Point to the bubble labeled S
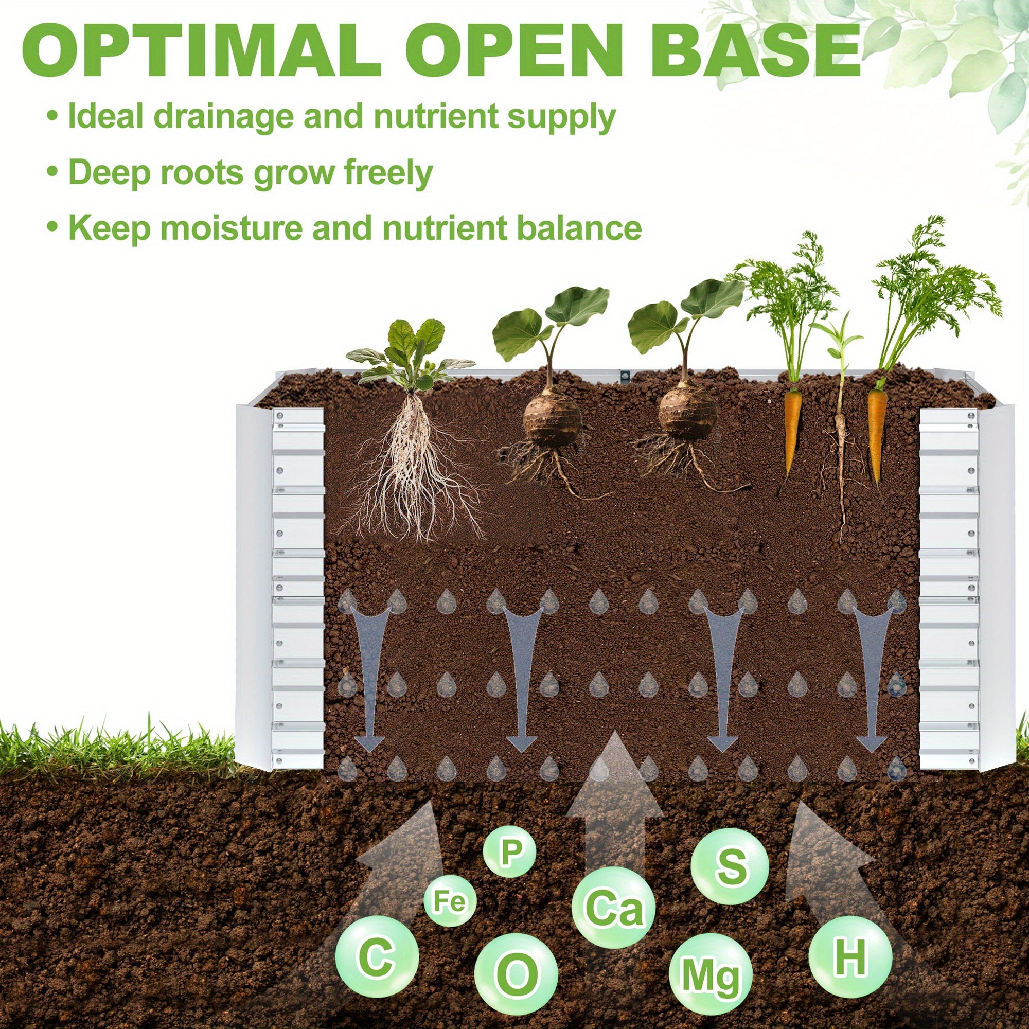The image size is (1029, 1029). (x=730, y=865)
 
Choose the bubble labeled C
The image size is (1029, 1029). (x=377, y=958)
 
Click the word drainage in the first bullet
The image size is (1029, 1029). (x=223, y=117)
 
